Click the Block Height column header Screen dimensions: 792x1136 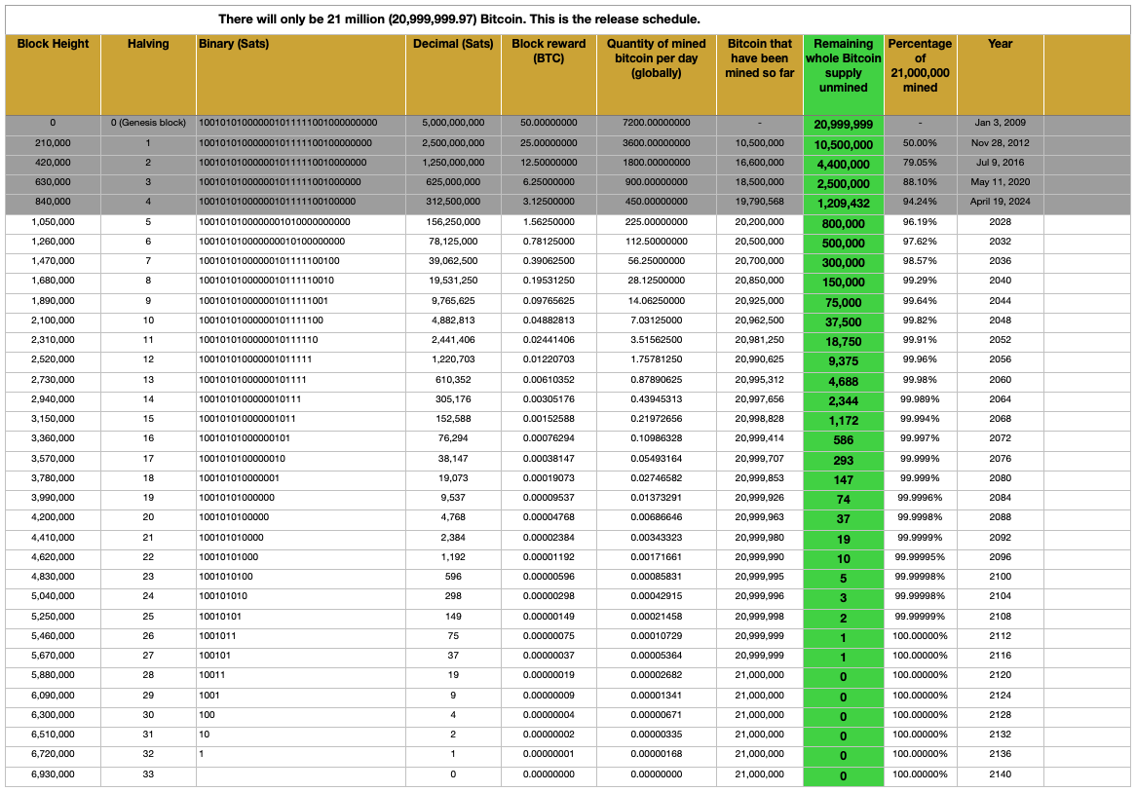pos(53,44)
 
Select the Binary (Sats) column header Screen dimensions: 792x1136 pos(234,44)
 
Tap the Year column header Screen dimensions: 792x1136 pos(1000,44)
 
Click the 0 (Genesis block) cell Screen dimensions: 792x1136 pos(148,123)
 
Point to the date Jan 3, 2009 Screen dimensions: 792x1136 pos(1000,123)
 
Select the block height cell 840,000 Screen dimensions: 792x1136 pos(53,202)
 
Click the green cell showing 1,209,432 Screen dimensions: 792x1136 pos(843,204)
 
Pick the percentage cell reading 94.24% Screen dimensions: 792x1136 pos(920,202)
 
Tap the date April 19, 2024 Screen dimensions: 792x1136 pos(1000,202)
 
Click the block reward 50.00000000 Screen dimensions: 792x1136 pos(549,123)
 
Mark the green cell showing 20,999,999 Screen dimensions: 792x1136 pos(843,125)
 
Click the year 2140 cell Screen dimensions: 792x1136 pos(1000,774)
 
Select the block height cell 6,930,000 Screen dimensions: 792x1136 pos(53,774)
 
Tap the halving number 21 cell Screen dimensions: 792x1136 pos(148,537)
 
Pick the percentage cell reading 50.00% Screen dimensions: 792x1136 pos(920,142)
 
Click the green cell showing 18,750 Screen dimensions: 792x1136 pos(843,342)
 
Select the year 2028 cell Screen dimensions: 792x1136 pos(1000,221)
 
